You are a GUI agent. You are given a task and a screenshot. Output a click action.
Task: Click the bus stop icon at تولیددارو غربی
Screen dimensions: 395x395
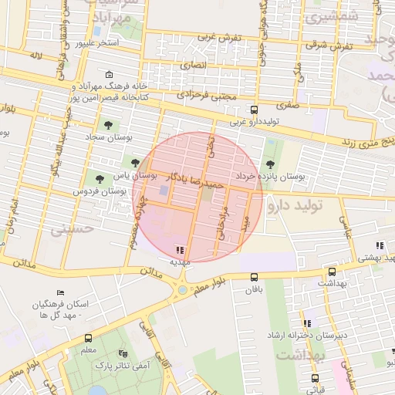pyautogui.click(x=255, y=110)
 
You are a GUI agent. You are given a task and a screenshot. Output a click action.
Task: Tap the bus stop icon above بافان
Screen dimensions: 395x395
pyautogui.click(x=255, y=278)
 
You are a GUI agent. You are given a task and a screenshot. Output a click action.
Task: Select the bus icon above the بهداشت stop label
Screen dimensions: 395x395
pyautogui.click(x=332, y=272)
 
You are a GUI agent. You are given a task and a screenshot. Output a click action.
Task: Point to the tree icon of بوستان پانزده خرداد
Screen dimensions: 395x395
pyautogui.click(x=270, y=164)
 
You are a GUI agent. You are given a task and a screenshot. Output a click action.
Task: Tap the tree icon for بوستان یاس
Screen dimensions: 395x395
pyautogui.click(x=136, y=163)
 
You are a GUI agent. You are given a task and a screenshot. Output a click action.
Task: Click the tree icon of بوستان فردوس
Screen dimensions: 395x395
pyautogui.click(x=98, y=178)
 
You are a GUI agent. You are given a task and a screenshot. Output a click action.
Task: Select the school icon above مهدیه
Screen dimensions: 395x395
pyautogui.click(x=180, y=249)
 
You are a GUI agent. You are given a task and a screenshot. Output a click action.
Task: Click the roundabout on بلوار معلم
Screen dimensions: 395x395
pyautogui.click(x=182, y=290)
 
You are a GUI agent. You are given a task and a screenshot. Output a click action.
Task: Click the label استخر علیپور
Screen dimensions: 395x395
pyautogui.click(x=97, y=42)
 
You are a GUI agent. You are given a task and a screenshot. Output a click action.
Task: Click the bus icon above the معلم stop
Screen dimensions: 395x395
pyautogui.click(x=88, y=338)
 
